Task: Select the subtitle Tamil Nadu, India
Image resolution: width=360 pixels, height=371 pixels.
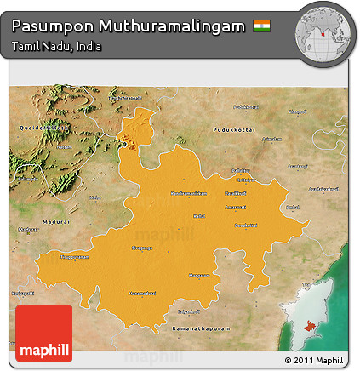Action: [x=57, y=46]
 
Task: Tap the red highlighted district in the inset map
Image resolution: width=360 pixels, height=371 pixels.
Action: [x=302, y=325]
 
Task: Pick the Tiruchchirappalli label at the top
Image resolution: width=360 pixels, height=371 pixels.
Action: [x=125, y=99]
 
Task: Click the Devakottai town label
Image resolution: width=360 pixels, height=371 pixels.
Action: [x=245, y=225]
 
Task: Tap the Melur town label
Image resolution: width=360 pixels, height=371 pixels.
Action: [x=95, y=197]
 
